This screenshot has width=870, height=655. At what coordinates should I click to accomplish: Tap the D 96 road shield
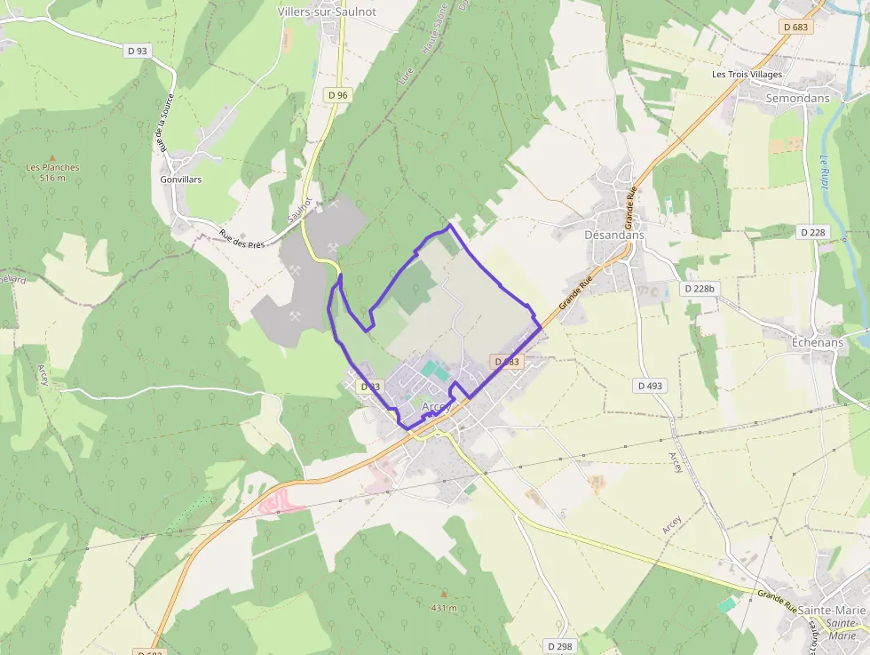pyautogui.click(x=337, y=94)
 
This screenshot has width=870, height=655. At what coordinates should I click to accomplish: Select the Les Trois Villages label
pyautogui.click(x=747, y=75)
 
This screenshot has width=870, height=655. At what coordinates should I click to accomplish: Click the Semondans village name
pyautogui.click(x=797, y=98)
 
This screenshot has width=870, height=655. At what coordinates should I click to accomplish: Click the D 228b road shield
pyautogui.click(x=700, y=289)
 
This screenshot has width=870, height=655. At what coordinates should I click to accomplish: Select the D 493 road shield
pyautogui.click(x=651, y=386)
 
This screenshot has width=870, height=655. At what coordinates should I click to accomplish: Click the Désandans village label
pyautogui.click(x=614, y=235)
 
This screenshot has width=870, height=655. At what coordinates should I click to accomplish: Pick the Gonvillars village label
pyautogui.click(x=181, y=180)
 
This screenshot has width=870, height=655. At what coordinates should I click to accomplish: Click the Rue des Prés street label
pyautogui.click(x=242, y=239)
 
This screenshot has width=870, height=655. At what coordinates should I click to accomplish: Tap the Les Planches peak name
pyautogui.click(x=52, y=167)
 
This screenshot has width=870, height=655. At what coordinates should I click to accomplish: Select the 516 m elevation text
pyautogui.click(x=53, y=178)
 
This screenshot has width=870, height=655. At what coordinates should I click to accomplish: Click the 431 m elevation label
pyautogui.click(x=444, y=608)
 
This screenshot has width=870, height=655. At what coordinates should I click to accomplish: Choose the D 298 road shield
pyautogui.click(x=559, y=646)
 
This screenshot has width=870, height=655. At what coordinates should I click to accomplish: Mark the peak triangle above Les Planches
pyautogui.click(x=52, y=156)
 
